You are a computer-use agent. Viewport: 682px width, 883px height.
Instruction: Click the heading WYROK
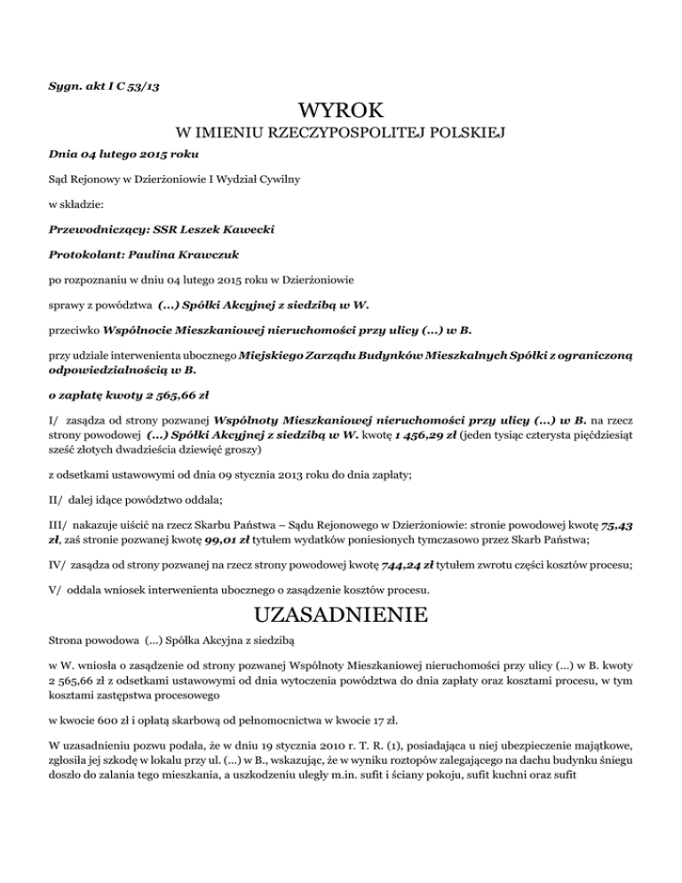click(341, 112)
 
